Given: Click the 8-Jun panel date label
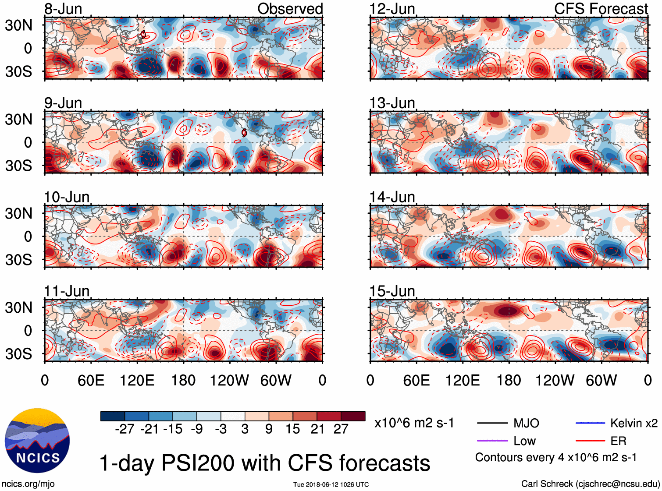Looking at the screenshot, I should [63, 9].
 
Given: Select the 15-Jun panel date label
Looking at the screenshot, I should [392, 291].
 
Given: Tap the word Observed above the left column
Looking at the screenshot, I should [290, 9].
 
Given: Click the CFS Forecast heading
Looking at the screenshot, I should [601, 9].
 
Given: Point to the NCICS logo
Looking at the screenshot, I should [37, 440].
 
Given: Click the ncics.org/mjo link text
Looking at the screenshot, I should [28, 484].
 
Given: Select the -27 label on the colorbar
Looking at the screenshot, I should [125, 429].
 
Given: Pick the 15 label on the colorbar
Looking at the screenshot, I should [292, 429].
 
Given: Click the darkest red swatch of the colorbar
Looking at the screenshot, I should [353, 416].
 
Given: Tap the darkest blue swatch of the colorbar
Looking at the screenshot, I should [113, 416].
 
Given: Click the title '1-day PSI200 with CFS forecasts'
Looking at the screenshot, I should [265, 463].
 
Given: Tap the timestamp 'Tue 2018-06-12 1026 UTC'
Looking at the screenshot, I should [331, 484].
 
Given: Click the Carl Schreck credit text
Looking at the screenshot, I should [590, 484].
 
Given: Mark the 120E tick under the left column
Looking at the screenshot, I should [137, 380].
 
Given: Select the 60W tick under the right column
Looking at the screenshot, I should [601, 380].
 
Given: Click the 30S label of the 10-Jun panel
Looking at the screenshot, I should [18, 260].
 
